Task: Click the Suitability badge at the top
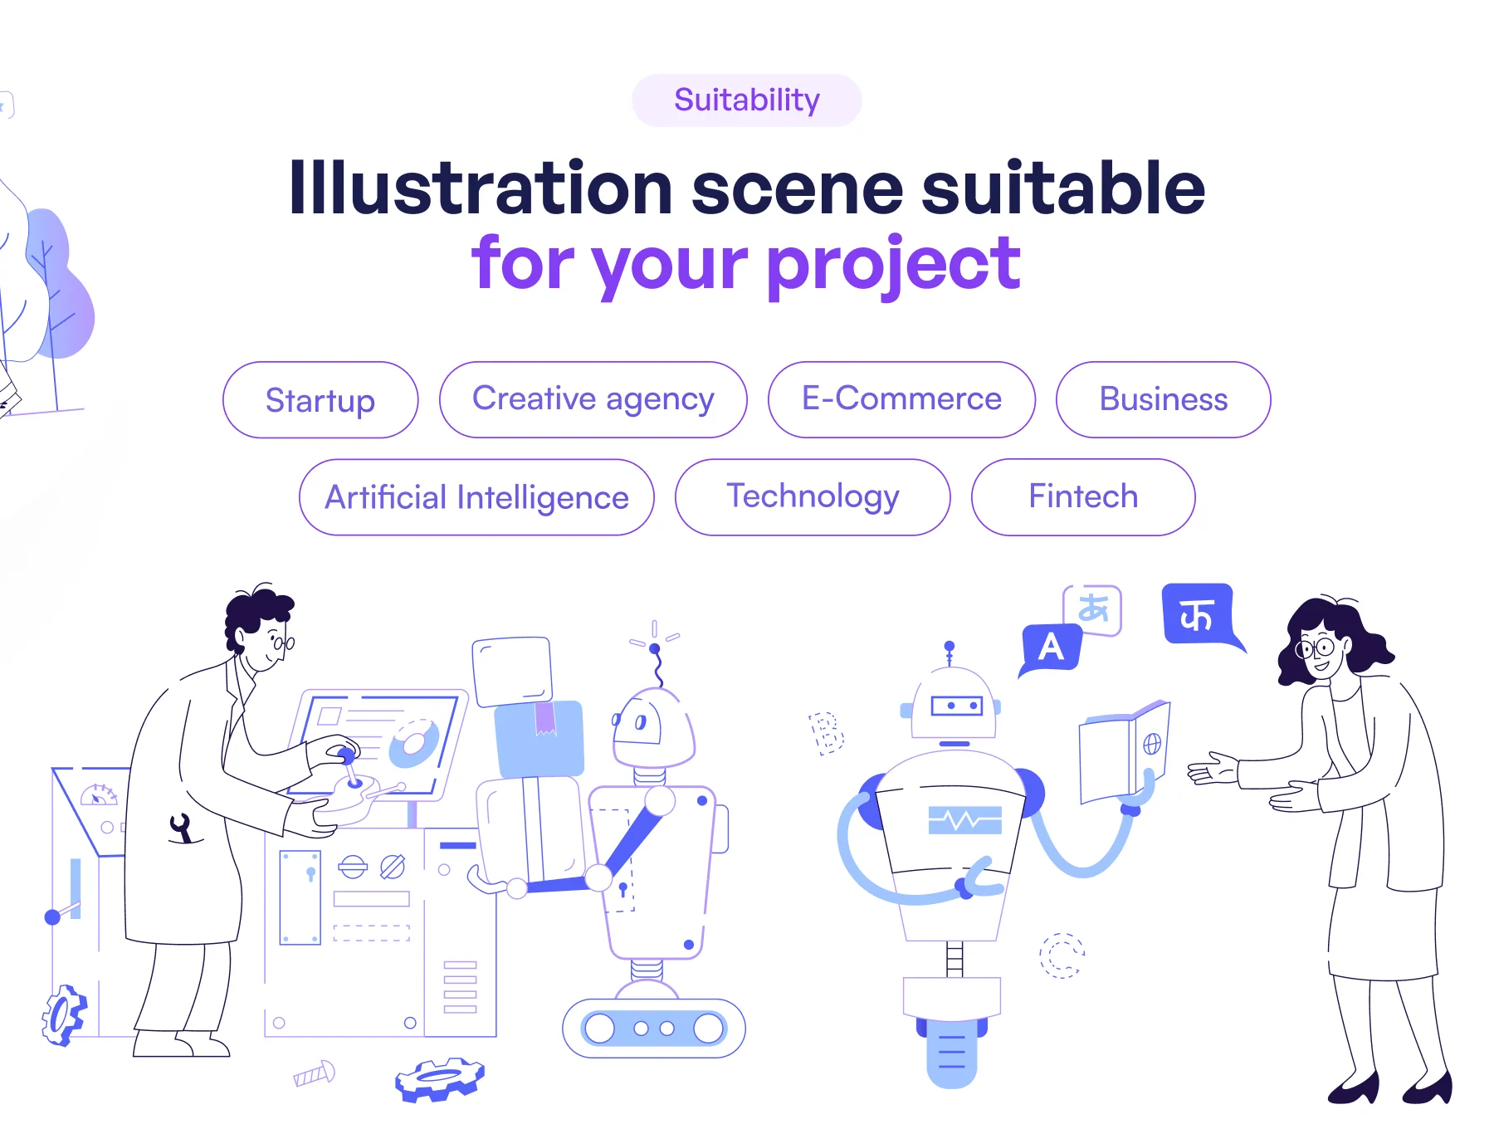click(x=747, y=100)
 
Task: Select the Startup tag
click(x=320, y=399)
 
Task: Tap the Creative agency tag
click(x=593, y=399)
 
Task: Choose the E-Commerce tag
click(x=901, y=399)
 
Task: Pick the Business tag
click(x=1163, y=399)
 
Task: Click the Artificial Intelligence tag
click(x=476, y=497)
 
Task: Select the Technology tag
click(x=813, y=497)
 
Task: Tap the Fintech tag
click(x=1083, y=497)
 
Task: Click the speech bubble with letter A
click(x=1051, y=649)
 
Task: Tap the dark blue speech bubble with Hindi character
click(x=1200, y=616)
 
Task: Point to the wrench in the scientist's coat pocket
click(x=181, y=828)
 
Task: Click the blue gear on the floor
click(x=440, y=1078)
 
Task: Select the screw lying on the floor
click(x=315, y=1074)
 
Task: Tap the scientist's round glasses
click(x=283, y=642)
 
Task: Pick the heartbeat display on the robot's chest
click(x=964, y=820)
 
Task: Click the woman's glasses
click(x=1316, y=648)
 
